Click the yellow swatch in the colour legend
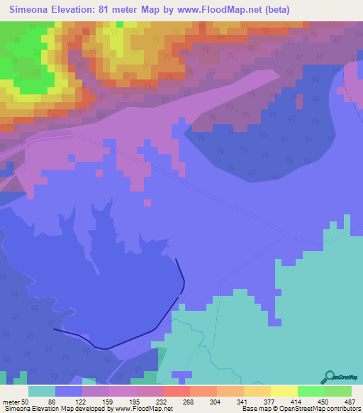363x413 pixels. [x=284, y=391]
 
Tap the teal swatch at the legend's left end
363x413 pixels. [x=42, y=391]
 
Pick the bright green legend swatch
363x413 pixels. [x=311, y=391]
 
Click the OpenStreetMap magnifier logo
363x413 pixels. [x=330, y=378]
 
